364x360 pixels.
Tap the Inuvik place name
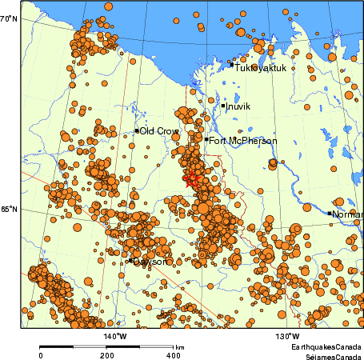pos(238,106)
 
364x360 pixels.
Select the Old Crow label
pos(159,131)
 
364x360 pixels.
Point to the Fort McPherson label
pos(243,141)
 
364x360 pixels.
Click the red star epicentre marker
pos(191,181)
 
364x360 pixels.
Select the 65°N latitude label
pos(9,210)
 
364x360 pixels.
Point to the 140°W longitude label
pos(115,336)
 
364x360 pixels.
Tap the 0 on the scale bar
pos(41,355)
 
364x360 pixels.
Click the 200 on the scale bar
pos(107,355)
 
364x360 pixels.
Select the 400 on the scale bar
pos(173,355)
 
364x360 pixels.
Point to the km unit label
pos(181,347)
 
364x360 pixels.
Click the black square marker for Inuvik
pos(223,105)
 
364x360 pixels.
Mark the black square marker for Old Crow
pos(138,130)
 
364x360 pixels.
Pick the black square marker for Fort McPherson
pos(206,139)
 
